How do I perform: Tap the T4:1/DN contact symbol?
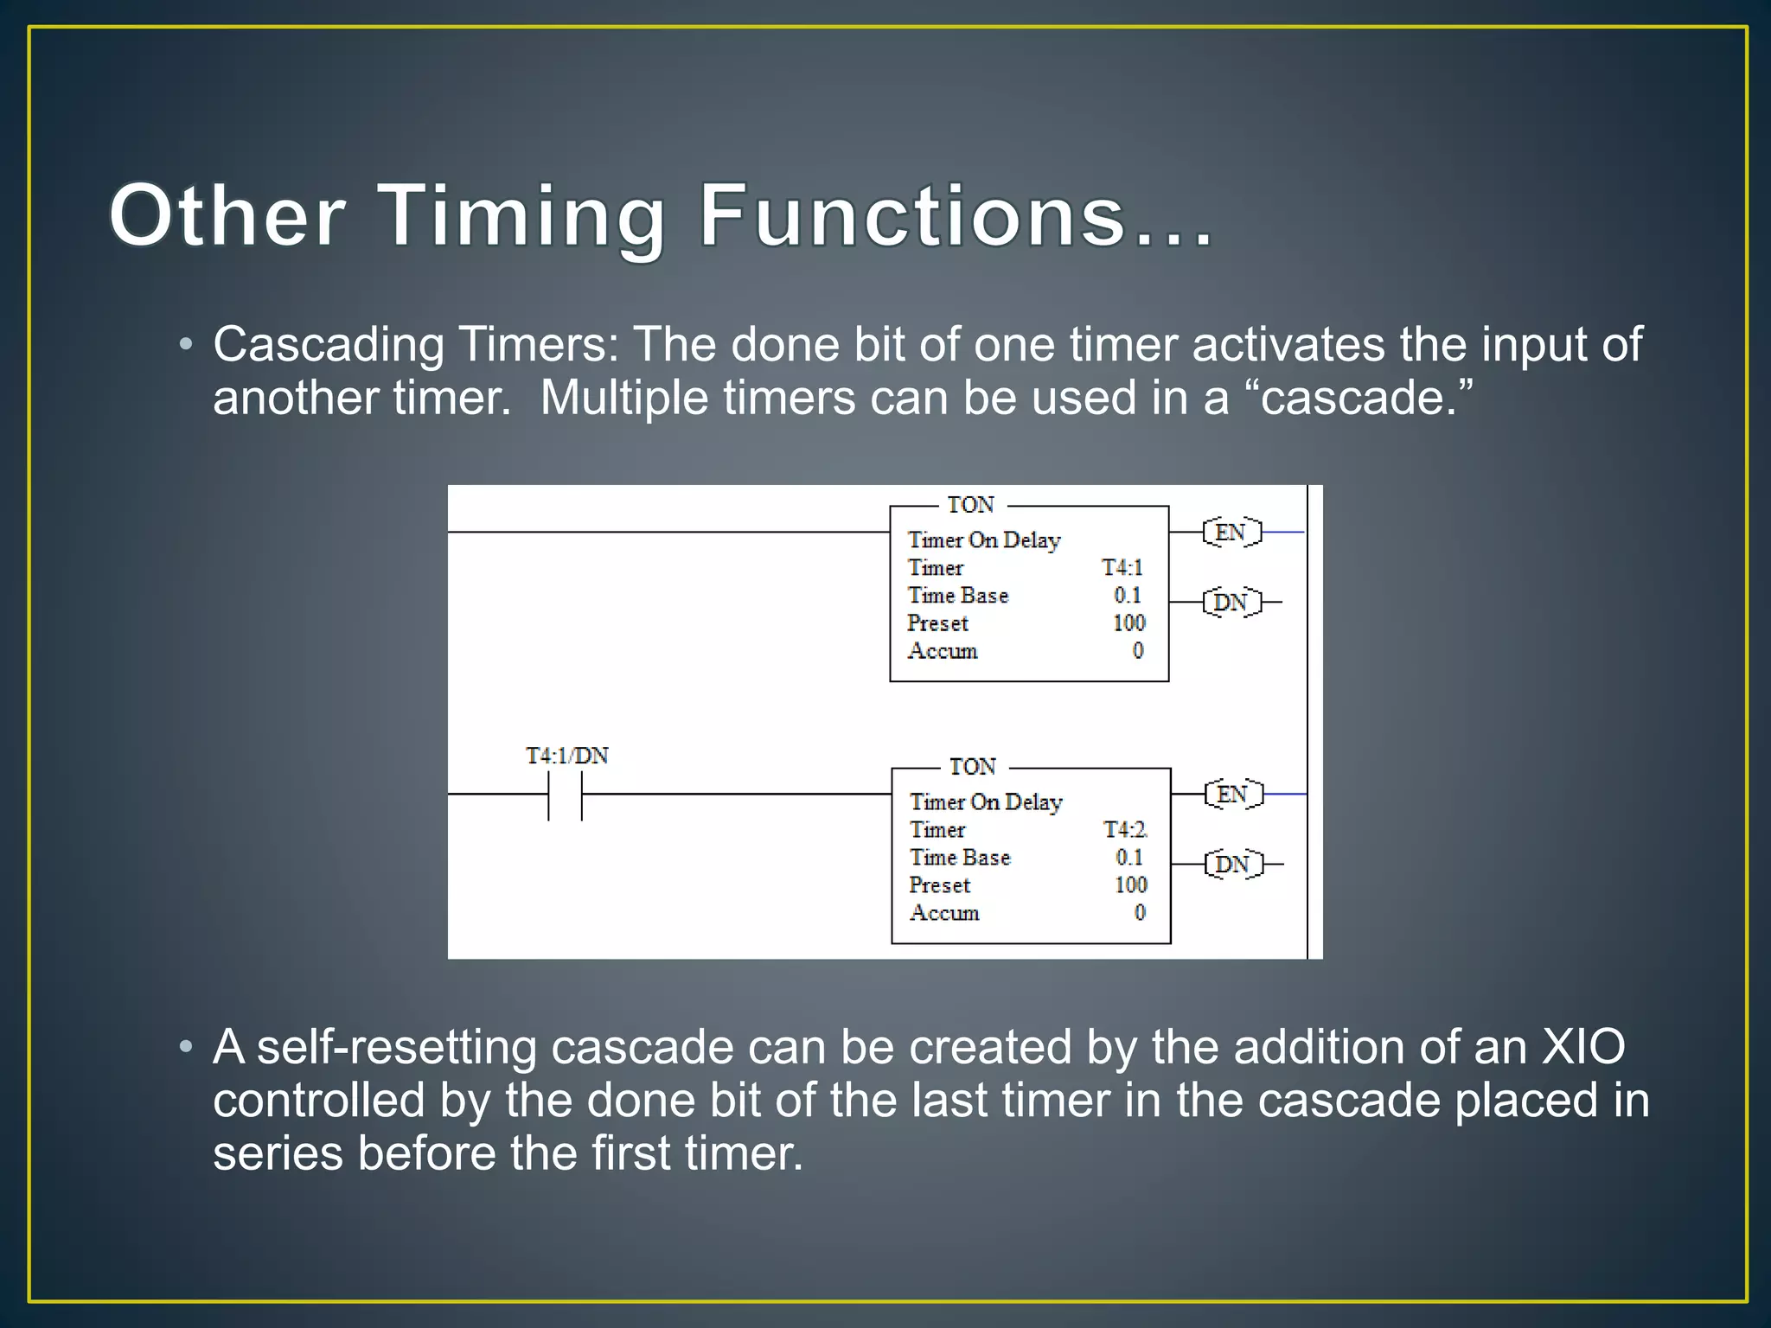click(566, 795)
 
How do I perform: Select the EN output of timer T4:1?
click(1231, 533)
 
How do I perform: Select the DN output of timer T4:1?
click(1231, 602)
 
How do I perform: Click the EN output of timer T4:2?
click(1233, 794)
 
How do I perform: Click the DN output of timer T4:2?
click(1233, 864)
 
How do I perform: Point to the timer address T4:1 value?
click(1122, 568)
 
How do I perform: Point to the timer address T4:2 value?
click(1125, 830)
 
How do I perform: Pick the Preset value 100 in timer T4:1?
click(1128, 623)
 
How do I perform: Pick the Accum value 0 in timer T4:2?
click(1140, 913)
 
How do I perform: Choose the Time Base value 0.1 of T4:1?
click(1128, 596)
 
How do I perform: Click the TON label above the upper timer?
click(970, 505)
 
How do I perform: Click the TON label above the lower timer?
click(973, 767)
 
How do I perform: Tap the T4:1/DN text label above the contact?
click(567, 757)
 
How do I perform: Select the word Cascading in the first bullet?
click(329, 345)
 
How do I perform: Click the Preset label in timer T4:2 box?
click(939, 885)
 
